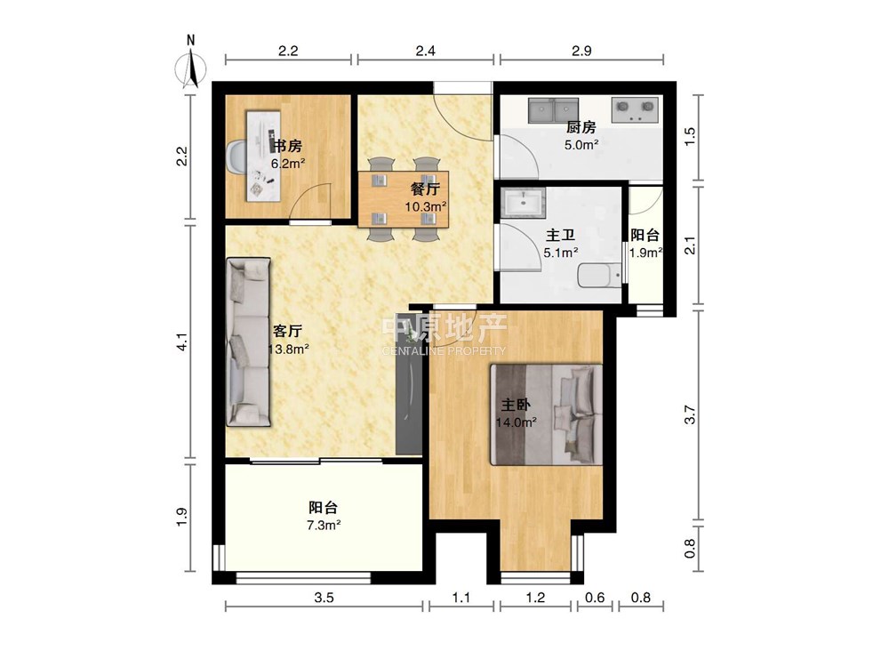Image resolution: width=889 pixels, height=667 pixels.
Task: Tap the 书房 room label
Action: pos(287,147)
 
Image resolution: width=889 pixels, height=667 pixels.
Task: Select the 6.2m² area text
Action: pos(288,165)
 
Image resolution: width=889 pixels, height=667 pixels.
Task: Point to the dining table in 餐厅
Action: pos(404,199)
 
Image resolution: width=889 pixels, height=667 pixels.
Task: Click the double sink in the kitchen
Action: pos(553,110)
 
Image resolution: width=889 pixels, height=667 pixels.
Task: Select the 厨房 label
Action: pos(581,127)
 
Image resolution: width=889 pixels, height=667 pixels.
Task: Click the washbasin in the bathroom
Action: pos(524,203)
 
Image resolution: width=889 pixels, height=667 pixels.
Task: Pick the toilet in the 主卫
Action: pos(599,277)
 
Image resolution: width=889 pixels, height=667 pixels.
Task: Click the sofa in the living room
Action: pos(248,342)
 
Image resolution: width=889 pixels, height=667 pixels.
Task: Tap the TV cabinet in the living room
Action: pos(409,382)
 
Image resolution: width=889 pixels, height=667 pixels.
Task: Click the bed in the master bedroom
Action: pos(547,414)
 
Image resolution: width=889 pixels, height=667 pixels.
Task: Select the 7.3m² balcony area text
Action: pos(324,526)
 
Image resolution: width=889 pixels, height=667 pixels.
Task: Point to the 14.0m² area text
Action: pos(517,422)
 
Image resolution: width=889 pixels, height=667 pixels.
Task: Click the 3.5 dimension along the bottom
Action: pos(324,598)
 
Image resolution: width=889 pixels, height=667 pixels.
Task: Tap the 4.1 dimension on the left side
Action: pos(182,342)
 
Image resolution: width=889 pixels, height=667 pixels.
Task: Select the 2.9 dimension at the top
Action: pos(581,51)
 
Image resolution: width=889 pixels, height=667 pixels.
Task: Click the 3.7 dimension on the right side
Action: pos(690,414)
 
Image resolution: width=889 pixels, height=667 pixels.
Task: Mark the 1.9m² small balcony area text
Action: pos(646,253)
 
